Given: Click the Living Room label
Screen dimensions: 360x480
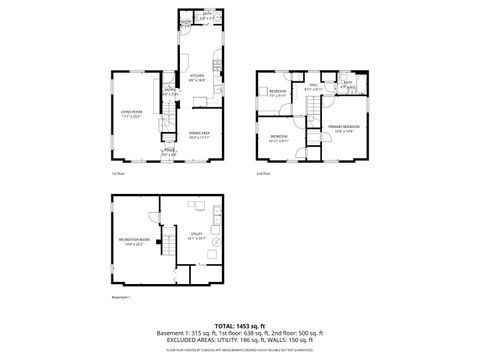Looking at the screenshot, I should tap(132, 116).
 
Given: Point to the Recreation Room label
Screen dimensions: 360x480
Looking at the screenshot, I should tap(135, 242).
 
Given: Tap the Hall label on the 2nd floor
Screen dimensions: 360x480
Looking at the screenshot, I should tap(311, 89).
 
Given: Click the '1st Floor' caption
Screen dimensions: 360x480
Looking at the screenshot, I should tap(118, 174).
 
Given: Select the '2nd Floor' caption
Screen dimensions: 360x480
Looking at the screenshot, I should tap(263, 174).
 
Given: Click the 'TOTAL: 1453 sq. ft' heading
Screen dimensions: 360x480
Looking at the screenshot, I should tap(239, 325).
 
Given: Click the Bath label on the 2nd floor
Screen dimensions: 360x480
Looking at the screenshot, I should tap(348, 87).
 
